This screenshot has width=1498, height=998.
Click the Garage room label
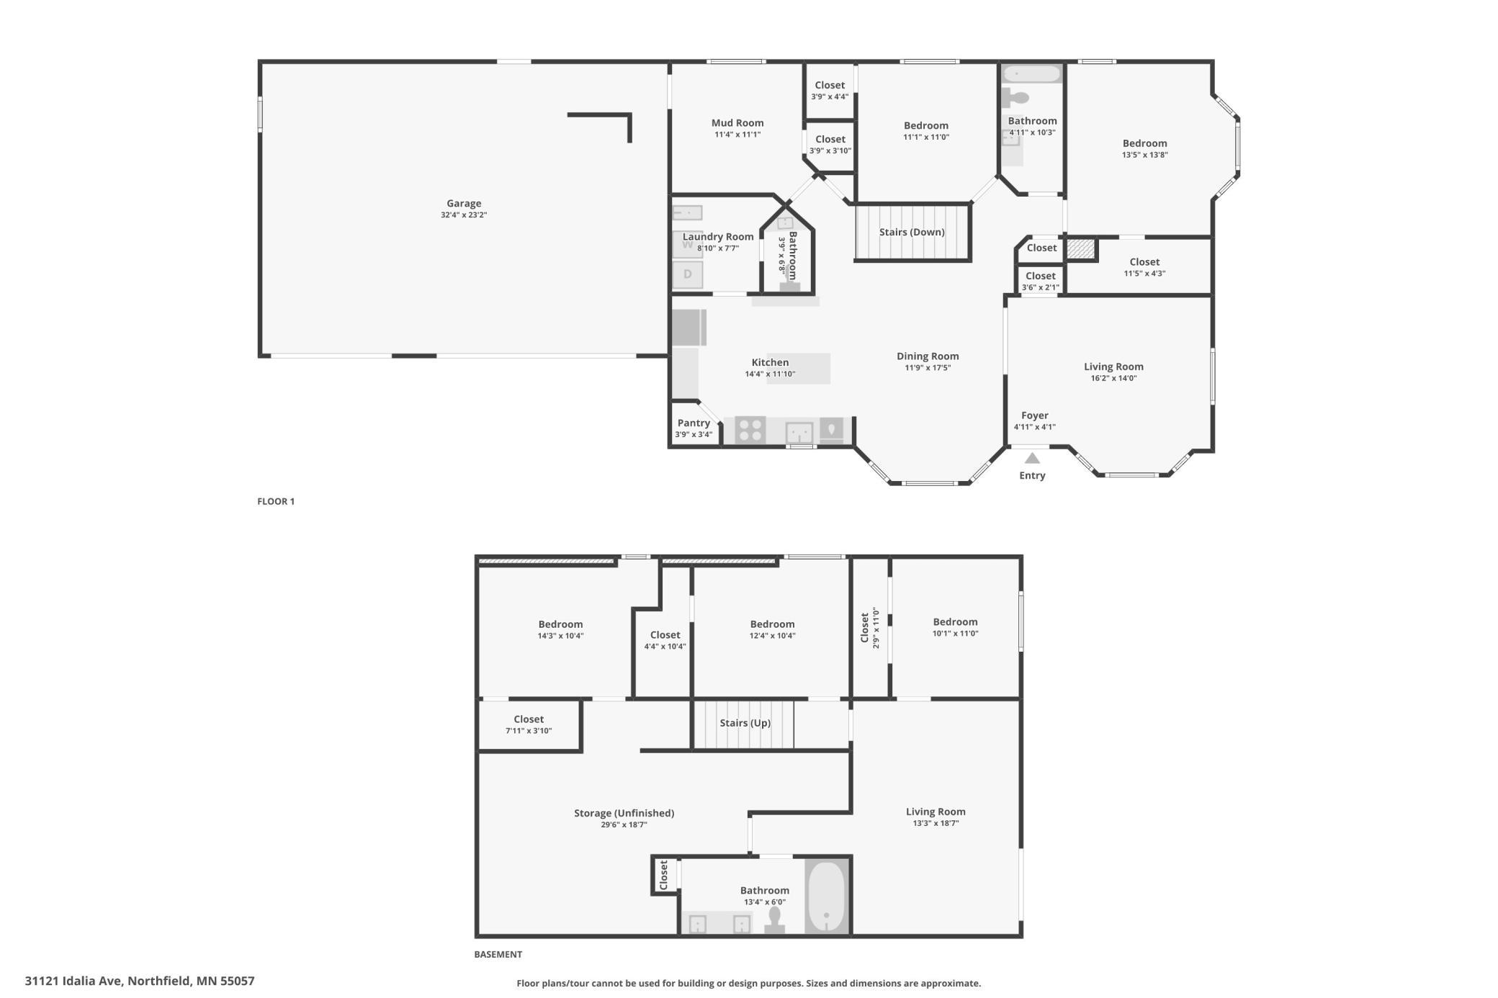point(464,204)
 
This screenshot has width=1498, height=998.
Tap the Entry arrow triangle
point(1032,458)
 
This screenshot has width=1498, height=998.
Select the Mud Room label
point(737,123)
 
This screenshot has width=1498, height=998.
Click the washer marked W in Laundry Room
point(687,244)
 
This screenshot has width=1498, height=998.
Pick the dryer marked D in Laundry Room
point(687,274)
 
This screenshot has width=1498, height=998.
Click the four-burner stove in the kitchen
point(750,431)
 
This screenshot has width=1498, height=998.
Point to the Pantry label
point(694,423)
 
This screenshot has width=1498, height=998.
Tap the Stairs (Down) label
point(912,232)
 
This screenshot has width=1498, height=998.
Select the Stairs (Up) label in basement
point(745,723)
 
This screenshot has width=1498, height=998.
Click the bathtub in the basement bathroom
point(827,897)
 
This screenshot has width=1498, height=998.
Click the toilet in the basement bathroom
point(775,921)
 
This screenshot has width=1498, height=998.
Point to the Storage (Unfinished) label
point(624,813)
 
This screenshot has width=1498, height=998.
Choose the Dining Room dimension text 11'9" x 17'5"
point(928,368)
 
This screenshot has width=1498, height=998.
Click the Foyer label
point(1035,415)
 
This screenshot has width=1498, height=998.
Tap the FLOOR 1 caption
point(276,501)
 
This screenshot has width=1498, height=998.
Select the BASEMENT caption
point(498,954)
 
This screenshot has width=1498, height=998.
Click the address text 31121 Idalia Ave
point(73,981)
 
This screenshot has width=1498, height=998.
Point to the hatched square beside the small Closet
point(1081,248)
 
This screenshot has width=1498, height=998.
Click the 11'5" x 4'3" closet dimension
point(1144,274)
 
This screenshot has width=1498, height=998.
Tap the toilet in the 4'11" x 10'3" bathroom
point(1015,98)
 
